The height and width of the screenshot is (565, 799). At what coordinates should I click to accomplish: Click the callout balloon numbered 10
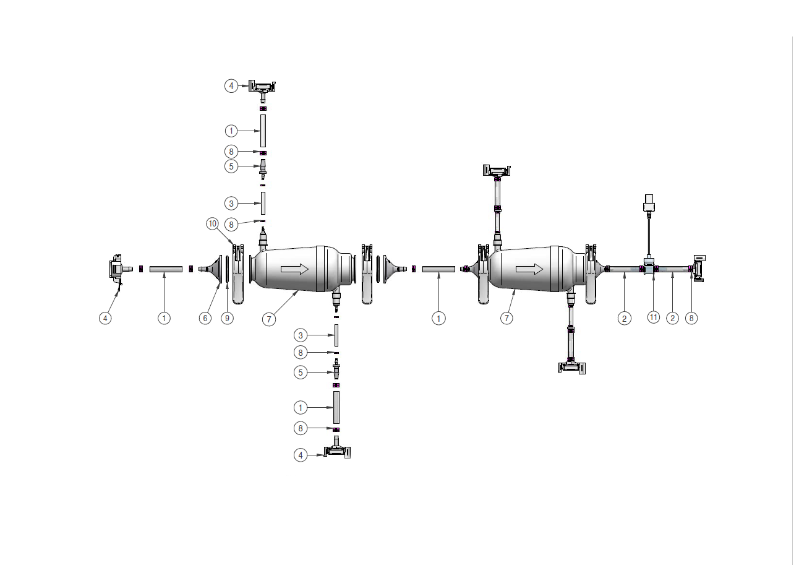(x=213, y=224)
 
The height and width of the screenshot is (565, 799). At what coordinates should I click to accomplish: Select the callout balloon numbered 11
(x=654, y=317)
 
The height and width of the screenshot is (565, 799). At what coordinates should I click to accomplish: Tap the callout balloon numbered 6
(x=205, y=318)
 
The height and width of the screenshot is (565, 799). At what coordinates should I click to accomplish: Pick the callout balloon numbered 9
(x=228, y=318)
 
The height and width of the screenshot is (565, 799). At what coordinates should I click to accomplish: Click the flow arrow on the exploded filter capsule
(x=294, y=269)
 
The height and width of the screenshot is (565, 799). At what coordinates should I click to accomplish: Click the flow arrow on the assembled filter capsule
(x=529, y=269)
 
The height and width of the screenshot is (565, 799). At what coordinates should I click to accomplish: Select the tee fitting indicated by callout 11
(x=649, y=269)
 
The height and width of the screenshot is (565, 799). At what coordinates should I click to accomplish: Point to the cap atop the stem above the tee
(x=649, y=202)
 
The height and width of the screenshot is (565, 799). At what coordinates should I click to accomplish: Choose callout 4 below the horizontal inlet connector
(x=106, y=318)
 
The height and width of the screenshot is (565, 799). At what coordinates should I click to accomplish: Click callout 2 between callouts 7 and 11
(x=625, y=318)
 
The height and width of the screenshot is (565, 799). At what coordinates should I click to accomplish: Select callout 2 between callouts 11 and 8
(x=672, y=318)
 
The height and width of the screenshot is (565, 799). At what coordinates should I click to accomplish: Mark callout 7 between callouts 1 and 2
(x=506, y=318)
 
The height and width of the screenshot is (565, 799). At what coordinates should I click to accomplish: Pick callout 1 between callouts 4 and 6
(x=164, y=318)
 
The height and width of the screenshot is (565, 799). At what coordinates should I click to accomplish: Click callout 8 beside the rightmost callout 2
(x=691, y=318)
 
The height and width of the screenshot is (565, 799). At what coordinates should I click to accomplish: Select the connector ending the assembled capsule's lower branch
(x=573, y=368)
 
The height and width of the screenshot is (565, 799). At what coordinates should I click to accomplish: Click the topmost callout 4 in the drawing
(x=231, y=86)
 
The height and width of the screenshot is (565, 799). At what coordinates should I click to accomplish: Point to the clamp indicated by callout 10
(x=238, y=272)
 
